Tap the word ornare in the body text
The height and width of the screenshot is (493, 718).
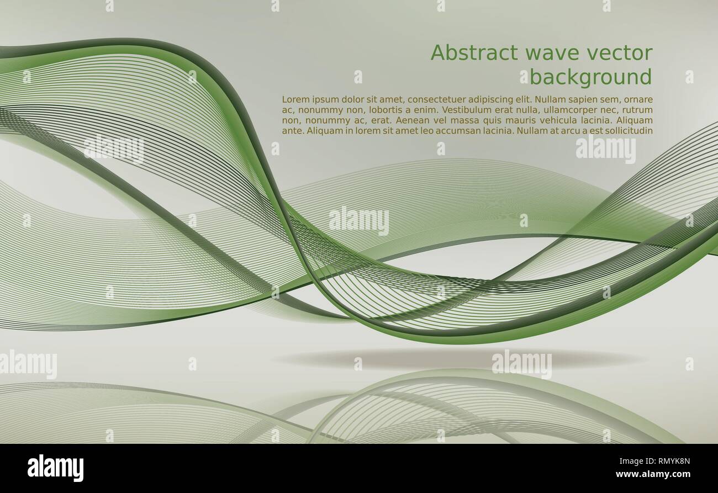click(x=638, y=100)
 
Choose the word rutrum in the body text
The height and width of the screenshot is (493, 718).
click(x=638, y=110)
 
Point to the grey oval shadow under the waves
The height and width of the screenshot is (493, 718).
click(x=458, y=359)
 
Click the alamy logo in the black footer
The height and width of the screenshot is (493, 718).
click(x=56, y=468)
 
